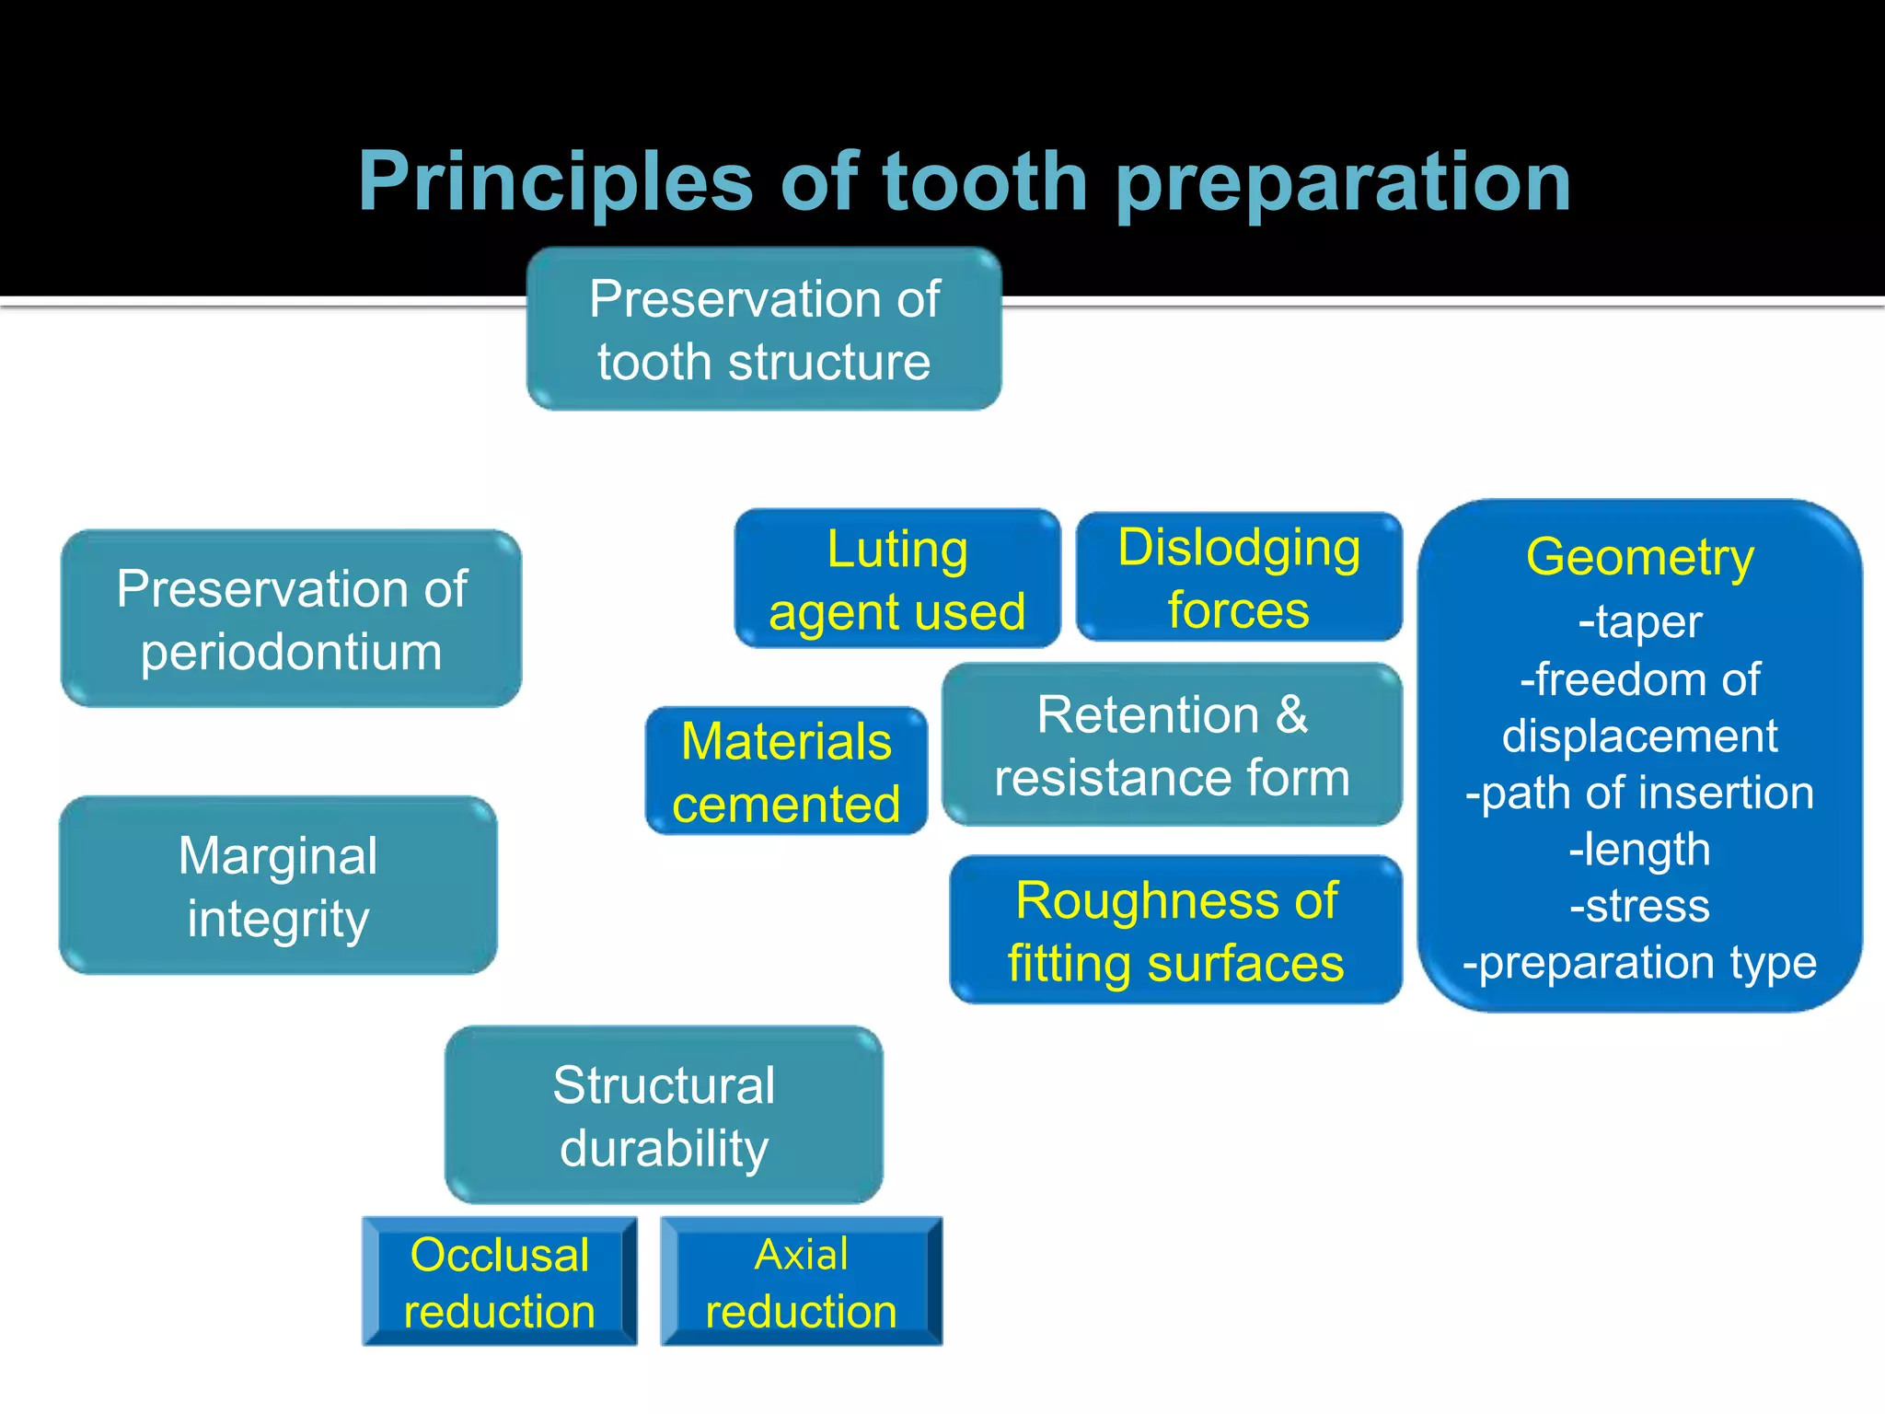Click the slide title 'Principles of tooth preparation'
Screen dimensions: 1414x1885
click(x=964, y=181)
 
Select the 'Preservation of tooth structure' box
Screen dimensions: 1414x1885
click(x=764, y=329)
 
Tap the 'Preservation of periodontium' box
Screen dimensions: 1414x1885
click(x=291, y=619)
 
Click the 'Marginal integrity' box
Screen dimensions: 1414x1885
click(x=278, y=886)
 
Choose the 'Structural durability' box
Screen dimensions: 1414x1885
click(x=664, y=1115)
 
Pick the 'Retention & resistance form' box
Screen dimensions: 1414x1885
click(x=1172, y=745)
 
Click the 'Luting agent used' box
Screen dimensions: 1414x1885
click(x=897, y=579)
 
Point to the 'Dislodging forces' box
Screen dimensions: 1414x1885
click(x=1239, y=577)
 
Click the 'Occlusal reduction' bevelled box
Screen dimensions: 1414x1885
click(x=500, y=1281)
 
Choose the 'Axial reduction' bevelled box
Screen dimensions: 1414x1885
click(x=801, y=1281)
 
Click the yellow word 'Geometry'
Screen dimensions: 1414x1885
click(x=1639, y=558)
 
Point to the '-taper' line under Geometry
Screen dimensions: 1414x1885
click(x=1639, y=621)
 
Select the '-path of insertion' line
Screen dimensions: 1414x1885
click(x=1639, y=793)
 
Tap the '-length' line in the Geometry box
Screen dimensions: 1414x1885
click(x=1639, y=849)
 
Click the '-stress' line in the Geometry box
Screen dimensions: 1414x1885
click(x=1639, y=906)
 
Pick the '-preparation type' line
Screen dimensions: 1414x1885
click(x=1639, y=963)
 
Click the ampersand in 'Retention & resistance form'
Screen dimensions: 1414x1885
click(x=1291, y=714)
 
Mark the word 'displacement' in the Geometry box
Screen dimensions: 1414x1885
click(x=1639, y=736)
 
